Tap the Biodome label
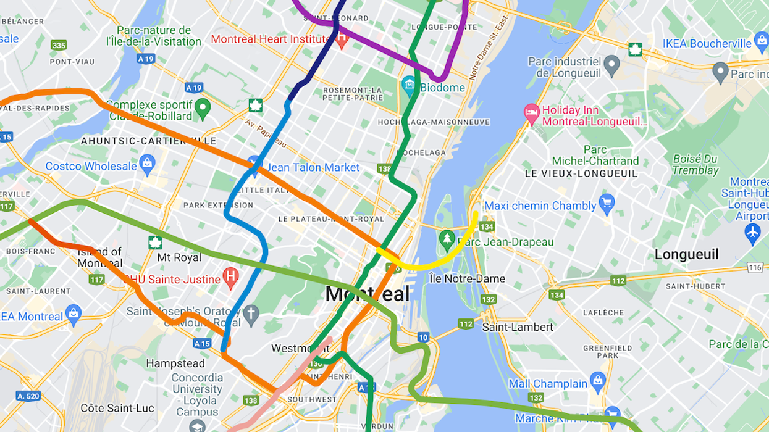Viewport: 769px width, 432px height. click(442, 87)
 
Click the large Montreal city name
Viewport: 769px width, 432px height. click(367, 294)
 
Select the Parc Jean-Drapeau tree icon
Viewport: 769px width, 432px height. click(447, 238)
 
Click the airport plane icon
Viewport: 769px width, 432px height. click(752, 233)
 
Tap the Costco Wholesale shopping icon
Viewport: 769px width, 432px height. click(147, 164)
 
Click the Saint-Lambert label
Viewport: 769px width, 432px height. click(518, 326)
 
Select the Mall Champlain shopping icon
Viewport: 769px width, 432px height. click(597, 379)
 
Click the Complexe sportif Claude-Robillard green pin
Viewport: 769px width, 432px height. click(202, 110)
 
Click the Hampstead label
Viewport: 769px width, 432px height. click(175, 363)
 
